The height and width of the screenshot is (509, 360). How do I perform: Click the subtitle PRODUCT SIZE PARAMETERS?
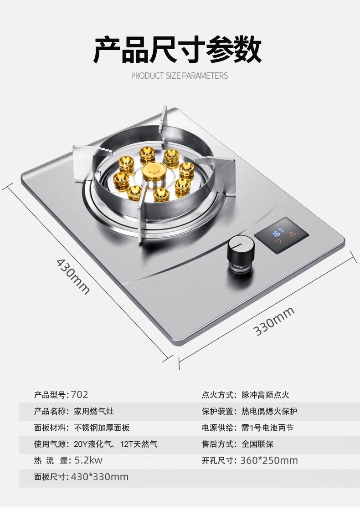click(180, 76)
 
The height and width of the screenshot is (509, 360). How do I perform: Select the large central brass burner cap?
click(154, 173)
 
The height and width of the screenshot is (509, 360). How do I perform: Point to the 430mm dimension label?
click(73, 276)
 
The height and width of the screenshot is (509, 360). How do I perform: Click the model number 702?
click(80, 395)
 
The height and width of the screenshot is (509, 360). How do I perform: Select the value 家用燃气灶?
click(93, 411)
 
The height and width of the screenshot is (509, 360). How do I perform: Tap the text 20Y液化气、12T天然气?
click(115, 444)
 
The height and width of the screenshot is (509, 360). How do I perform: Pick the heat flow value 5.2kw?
click(88, 460)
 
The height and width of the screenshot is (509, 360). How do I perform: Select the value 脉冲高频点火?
click(265, 395)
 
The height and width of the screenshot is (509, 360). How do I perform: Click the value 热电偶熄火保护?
click(269, 411)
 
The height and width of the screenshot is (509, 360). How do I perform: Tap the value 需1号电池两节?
click(267, 428)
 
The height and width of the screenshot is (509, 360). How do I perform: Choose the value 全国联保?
click(257, 444)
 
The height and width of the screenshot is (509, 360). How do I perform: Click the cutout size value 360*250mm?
click(269, 460)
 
